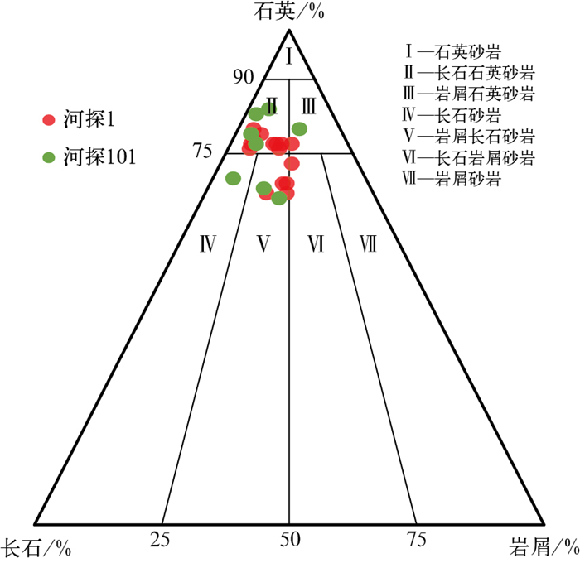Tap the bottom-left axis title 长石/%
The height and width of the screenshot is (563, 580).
34,547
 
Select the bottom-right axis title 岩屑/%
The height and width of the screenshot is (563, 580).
542,547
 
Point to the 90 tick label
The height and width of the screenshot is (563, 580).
243,77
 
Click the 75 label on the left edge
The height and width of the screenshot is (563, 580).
203,151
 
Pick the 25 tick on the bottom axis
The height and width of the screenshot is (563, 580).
161,541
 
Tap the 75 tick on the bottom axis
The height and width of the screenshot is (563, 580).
416,541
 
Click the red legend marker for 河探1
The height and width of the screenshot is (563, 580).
49,120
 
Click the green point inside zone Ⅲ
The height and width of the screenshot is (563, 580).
299,128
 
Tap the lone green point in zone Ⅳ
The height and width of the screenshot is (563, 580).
233,178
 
